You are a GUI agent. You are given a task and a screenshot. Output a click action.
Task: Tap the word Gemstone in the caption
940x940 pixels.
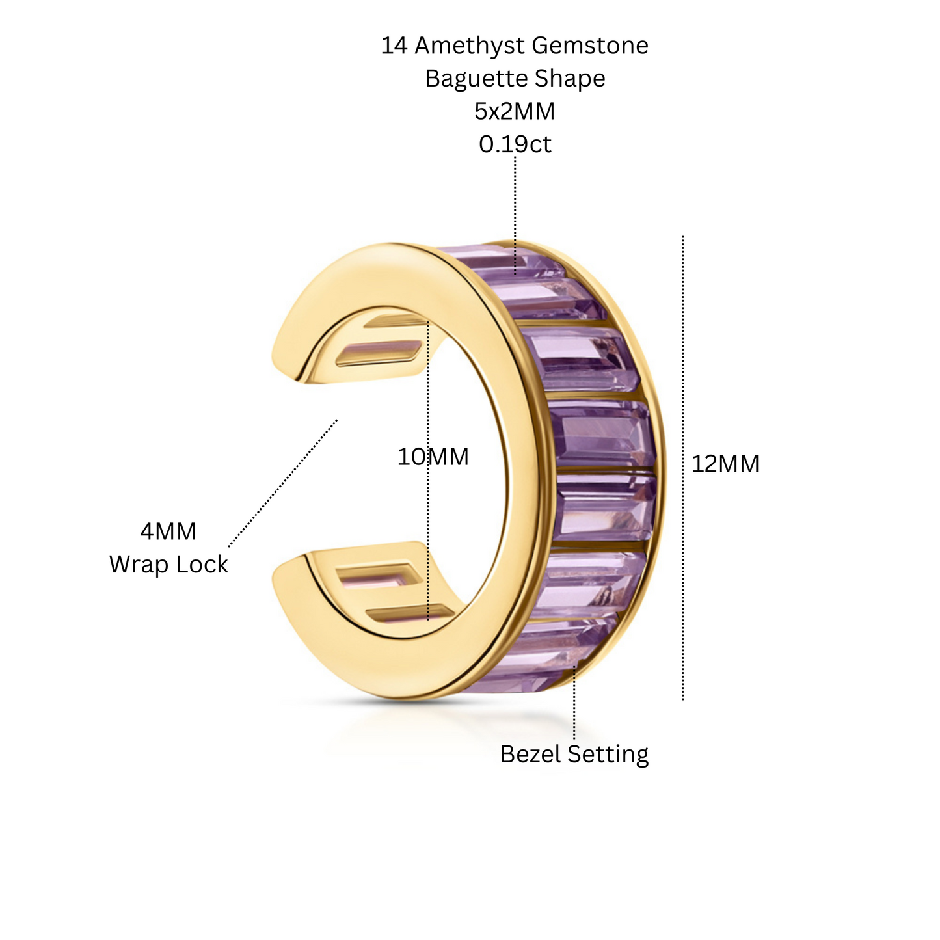pyautogui.click(x=590, y=46)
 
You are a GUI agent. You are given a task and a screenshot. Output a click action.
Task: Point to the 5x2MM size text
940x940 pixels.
pyautogui.click(x=515, y=111)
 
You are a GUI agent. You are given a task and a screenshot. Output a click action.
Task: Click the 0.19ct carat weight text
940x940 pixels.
pyautogui.click(x=515, y=144)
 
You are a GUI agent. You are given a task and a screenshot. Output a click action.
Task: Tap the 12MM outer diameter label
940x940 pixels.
pyautogui.click(x=725, y=463)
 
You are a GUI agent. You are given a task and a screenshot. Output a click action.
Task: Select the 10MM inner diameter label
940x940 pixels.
pyautogui.click(x=433, y=457)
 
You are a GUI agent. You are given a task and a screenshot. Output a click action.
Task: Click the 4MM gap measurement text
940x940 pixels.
pyautogui.click(x=168, y=531)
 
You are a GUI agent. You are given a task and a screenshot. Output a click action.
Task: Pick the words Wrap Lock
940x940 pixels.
pyautogui.click(x=168, y=565)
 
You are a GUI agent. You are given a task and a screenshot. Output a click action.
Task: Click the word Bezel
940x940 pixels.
pyautogui.click(x=530, y=754)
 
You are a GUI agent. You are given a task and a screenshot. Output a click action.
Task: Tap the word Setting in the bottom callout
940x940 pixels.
pyautogui.click(x=608, y=755)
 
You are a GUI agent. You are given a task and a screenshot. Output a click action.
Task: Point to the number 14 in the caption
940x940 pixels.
pyautogui.click(x=394, y=46)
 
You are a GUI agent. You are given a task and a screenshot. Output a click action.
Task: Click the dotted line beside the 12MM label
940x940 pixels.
pyautogui.click(x=682, y=468)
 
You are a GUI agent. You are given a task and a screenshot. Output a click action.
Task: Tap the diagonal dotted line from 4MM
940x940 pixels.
pyautogui.click(x=283, y=483)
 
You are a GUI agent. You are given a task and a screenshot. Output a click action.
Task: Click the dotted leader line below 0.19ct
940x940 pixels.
pyautogui.click(x=515, y=215)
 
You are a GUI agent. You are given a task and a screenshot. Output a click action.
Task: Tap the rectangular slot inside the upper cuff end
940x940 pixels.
pyautogui.click(x=379, y=353)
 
